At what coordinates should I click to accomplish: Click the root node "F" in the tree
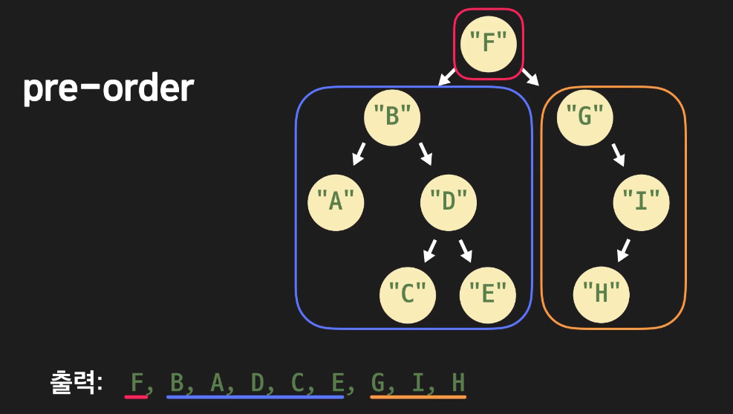click(x=488, y=43)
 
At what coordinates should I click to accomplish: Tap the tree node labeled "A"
click(x=336, y=201)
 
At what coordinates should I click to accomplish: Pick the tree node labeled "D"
click(x=449, y=201)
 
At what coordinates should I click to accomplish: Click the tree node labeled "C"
click(x=407, y=294)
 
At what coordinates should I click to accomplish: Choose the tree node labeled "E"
click(x=487, y=294)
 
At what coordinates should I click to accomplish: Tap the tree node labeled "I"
click(x=642, y=201)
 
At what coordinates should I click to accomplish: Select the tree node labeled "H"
click(x=602, y=294)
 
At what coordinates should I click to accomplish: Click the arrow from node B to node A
click(x=359, y=154)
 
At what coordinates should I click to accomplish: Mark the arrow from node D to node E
click(x=466, y=250)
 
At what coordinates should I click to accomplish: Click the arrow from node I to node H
click(x=624, y=250)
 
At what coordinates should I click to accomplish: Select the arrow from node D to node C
click(x=430, y=251)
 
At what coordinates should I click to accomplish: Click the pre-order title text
click(x=108, y=89)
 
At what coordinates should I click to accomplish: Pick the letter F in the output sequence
click(x=137, y=383)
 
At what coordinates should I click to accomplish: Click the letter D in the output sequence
click(x=258, y=383)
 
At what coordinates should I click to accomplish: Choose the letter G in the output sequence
click(x=378, y=383)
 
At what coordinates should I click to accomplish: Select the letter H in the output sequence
click(x=458, y=383)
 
